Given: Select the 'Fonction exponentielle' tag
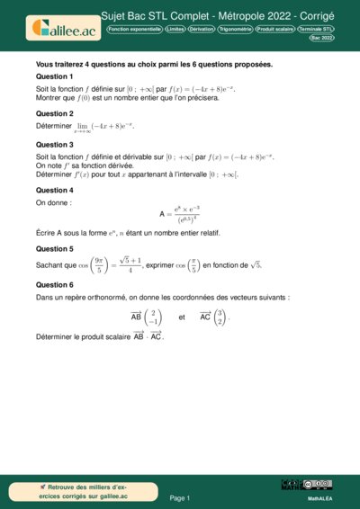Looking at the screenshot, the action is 135,30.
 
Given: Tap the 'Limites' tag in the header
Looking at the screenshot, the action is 177,30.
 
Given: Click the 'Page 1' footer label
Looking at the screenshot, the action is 180,497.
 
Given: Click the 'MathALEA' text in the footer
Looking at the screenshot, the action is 320,496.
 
